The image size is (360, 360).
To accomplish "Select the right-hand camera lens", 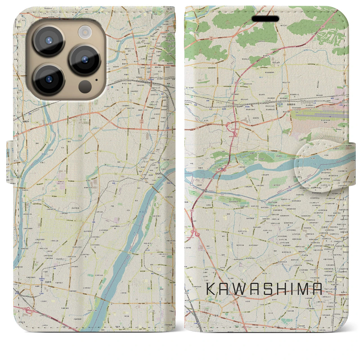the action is click(x=85, y=60).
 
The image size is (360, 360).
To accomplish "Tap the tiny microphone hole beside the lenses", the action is click(x=96, y=80).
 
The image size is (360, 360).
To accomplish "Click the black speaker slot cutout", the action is click(x=265, y=19).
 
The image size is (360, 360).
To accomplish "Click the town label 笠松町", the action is click(x=159, y=174).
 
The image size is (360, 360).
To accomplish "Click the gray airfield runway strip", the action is click(x=323, y=115).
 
